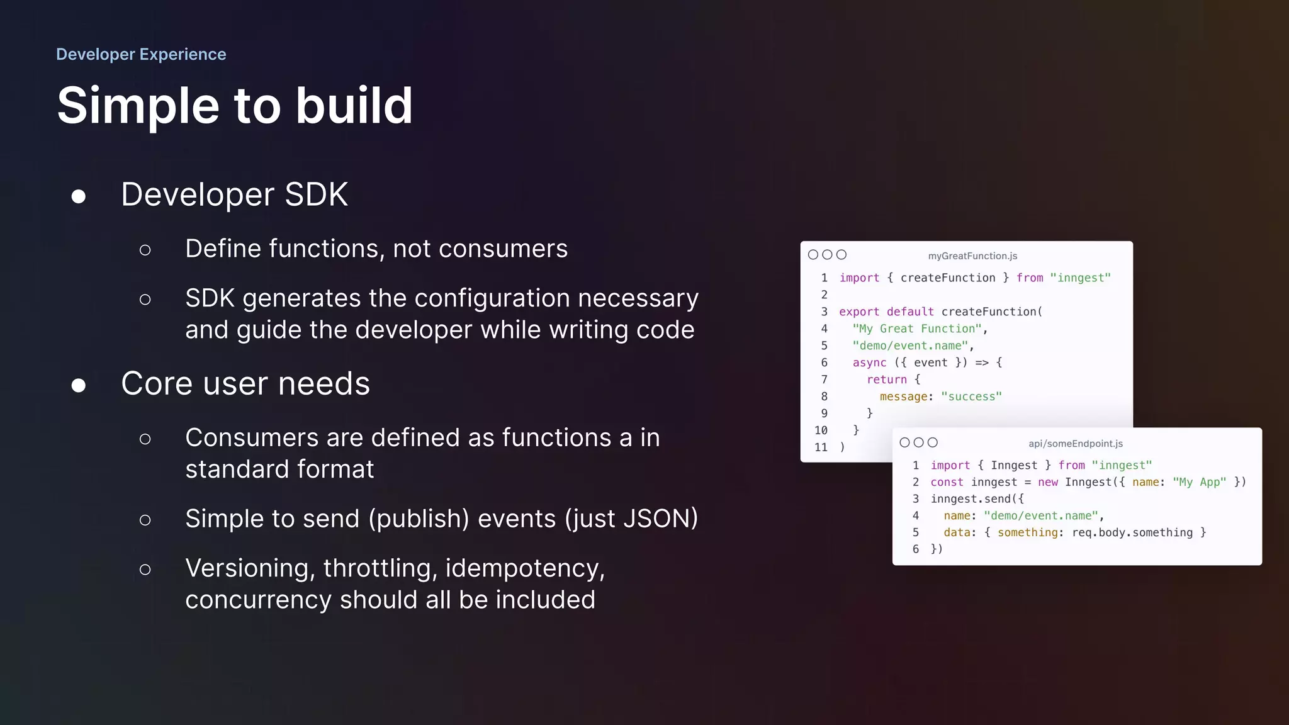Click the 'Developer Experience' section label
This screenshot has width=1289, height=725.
(141, 54)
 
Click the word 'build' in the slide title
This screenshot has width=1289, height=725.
(354, 105)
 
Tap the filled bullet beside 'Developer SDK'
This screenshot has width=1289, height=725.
(79, 196)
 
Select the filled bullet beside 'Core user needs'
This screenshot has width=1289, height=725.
(79, 385)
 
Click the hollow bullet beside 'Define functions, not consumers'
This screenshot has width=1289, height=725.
(145, 250)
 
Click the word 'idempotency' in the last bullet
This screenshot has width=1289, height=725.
(524, 568)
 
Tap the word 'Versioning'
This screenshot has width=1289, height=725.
(250, 568)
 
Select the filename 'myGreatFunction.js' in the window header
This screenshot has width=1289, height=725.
(972, 256)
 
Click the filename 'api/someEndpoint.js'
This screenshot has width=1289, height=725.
(1076, 443)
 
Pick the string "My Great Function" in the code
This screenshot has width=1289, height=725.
(917, 329)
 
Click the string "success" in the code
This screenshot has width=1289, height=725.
(971, 396)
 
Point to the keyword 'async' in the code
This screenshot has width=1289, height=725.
(869, 362)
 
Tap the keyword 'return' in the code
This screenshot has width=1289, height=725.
(887, 379)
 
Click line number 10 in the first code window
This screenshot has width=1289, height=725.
(821, 430)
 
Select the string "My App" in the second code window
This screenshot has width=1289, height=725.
(1199, 482)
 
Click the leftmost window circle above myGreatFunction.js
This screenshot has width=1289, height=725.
(813, 255)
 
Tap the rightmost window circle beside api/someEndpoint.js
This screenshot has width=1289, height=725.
(933, 442)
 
